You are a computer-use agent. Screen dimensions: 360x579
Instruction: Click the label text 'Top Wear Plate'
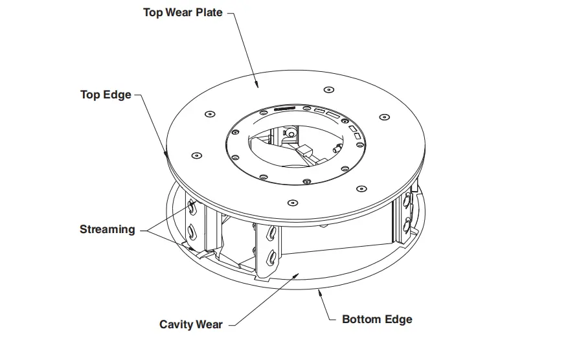tap(183, 12)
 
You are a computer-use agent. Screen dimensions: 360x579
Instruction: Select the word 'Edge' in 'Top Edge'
tap(119, 95)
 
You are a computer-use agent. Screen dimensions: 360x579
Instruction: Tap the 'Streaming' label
tap(108, 229)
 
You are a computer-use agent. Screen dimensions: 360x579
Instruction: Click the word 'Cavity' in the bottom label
tap(177, 324)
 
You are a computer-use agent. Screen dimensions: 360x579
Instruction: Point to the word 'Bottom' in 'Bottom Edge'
tap(363, 319)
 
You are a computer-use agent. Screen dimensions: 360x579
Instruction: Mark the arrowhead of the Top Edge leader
tap(166, 155)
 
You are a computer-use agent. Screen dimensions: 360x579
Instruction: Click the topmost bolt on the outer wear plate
tap(329, 89)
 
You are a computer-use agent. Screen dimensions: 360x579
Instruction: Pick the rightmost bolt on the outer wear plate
tap(385, 117)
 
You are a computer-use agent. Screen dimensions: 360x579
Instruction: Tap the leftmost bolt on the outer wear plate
tap(196, 155)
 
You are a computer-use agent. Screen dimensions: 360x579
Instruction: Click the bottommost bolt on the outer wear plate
tap(292, 204)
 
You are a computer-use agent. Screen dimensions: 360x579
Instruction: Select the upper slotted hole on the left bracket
tap(193, 208)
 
